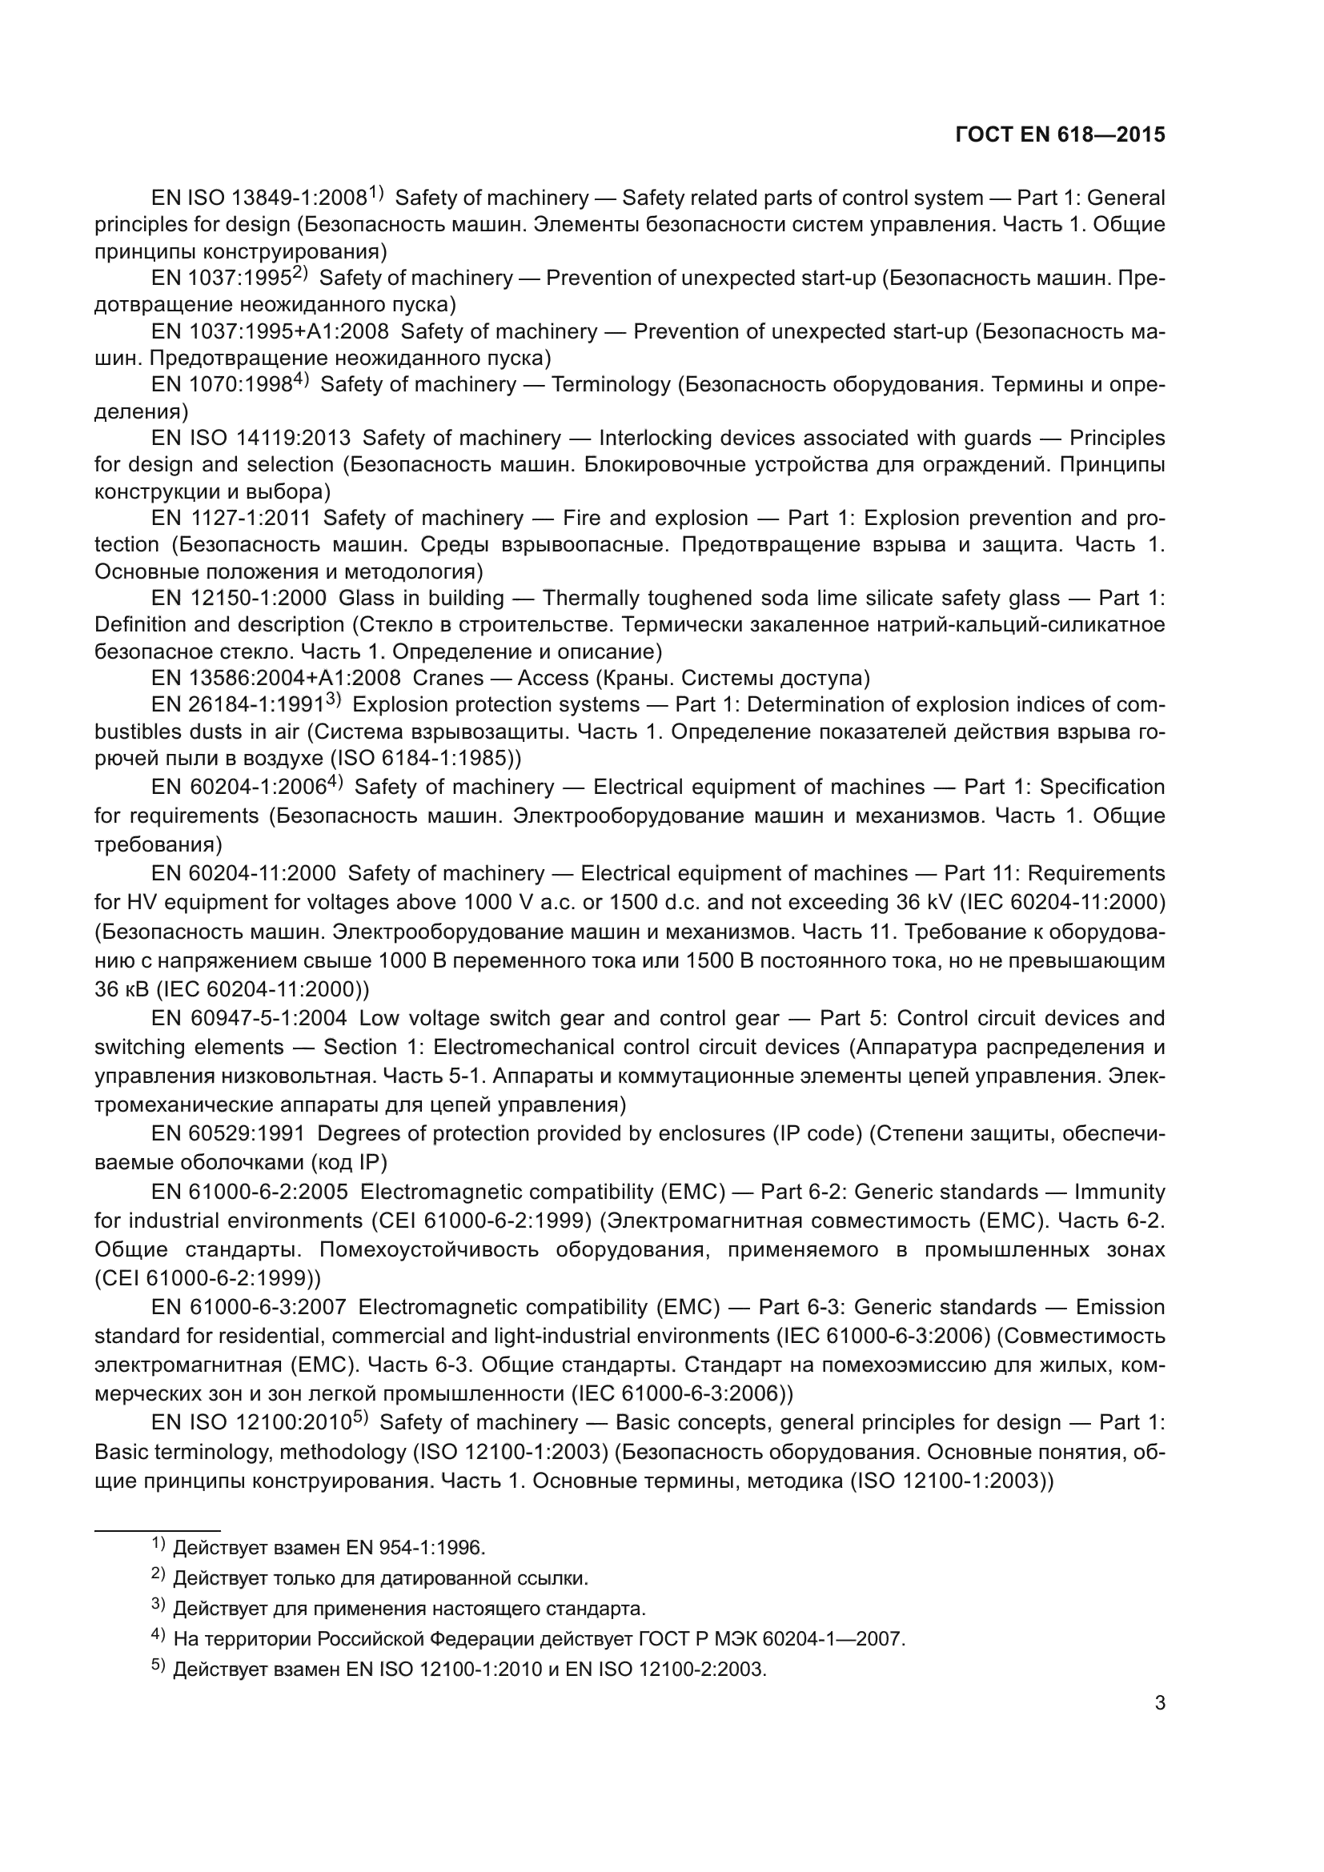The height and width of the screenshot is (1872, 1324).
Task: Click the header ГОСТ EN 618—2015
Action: tap(1059, 134)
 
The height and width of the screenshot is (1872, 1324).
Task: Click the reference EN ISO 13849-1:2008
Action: tap(259, 198)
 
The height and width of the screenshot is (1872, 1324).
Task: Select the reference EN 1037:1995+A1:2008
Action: tap(270, 332)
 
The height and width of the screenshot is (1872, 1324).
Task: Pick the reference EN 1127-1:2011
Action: tap(231, 518)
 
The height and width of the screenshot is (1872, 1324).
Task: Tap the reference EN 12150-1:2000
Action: tap(239, 598)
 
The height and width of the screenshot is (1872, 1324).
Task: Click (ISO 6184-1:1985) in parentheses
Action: tap(424, 758)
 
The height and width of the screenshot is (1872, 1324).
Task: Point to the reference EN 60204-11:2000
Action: tap(243, 873)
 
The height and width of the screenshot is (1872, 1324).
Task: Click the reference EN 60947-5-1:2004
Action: tap(249, 1018)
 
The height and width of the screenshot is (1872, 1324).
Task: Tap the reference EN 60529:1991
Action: tap(227, 1133)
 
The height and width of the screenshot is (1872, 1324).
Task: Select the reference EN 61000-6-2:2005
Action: tap(250, 1192)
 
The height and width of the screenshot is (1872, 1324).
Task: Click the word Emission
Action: tap(1120, 1307)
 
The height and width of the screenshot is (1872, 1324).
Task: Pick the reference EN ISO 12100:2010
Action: tap(251, 1423)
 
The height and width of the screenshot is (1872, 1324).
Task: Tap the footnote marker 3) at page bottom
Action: tap(158, 1606)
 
